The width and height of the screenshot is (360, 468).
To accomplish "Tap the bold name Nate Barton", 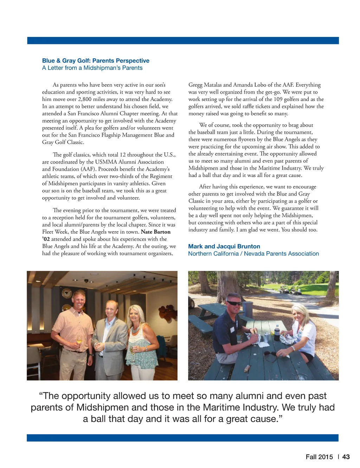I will tap(155, 232).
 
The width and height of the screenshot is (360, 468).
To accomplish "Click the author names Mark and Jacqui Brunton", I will tap(224, 246).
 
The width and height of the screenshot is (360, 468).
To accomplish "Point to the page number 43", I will tap(346, 457).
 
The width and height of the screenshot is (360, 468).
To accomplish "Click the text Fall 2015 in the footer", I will tap(319, 457).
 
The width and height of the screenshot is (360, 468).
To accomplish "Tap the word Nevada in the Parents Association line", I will tap(253, 254).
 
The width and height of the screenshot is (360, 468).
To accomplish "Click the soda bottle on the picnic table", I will tap(277, 333).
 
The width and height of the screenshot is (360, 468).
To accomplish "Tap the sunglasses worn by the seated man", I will tap(234, 303).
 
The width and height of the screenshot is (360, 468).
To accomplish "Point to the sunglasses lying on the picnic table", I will tap(271, 355).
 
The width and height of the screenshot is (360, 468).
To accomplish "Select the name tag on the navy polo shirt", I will tap(232, 329).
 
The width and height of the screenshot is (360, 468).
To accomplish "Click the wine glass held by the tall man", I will tap(79, 340).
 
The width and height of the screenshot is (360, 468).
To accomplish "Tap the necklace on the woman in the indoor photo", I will tap(135, 330).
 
